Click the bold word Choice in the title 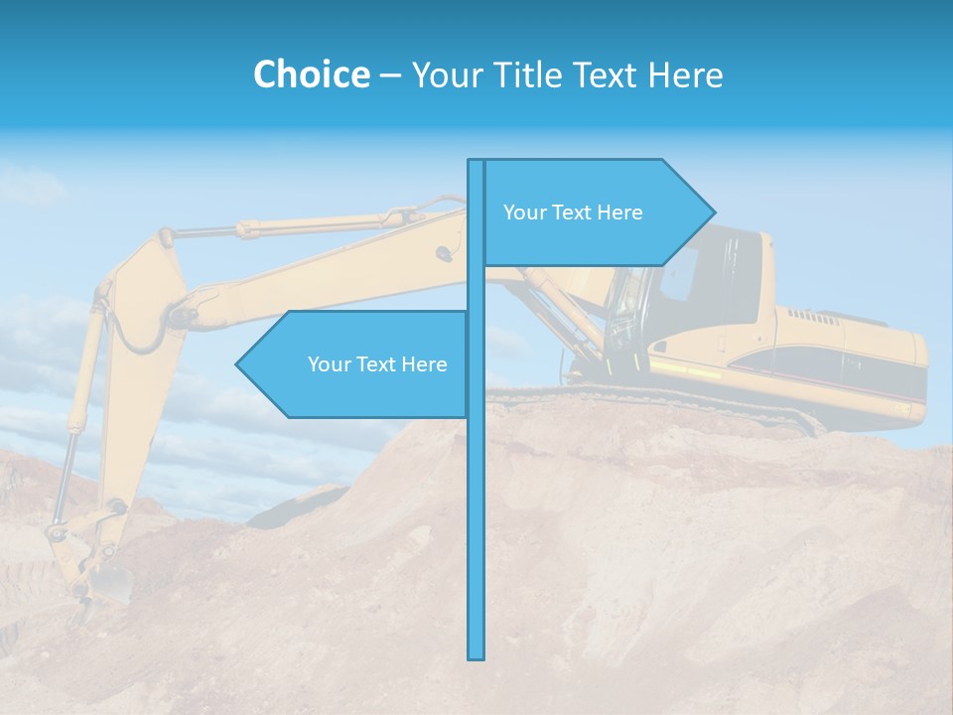click(x=311, y=74)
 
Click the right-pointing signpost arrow click(x=596, y=213)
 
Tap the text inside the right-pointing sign click(x=573, y=213)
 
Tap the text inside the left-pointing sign click(x=377, y=364)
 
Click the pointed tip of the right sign click(x=710, y=212)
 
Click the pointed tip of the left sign click(x=240, y=364)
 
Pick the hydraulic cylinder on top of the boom click(x=298, y=225)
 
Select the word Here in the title click(x=686, y=74)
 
